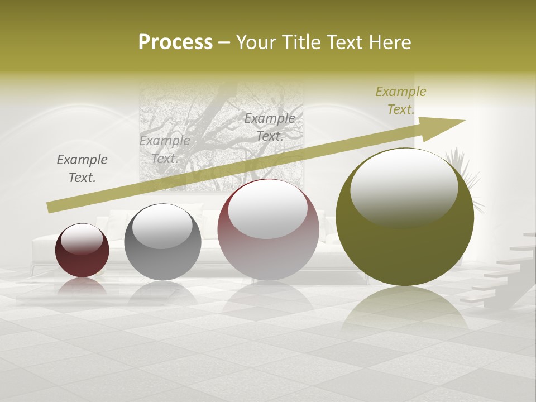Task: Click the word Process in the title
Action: pyautogui.click(x=175, y=42)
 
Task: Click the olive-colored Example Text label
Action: pyautogui.click(x=400, y=100)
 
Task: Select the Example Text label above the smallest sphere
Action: pyautogui.click(x=82, y=168)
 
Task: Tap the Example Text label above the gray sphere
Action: pyautogui.click(x=165, y=149)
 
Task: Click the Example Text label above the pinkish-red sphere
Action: pyautogui.click(x=270, y=127)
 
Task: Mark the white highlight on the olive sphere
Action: pyautogui.click(x=404, y=187)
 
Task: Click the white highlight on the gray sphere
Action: pyautogui.click(x=162, y=227)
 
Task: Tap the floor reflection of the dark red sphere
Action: pyautogui.click(x=82, y=288)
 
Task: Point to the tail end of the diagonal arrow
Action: pyautogui.click(x=51, y=208)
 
